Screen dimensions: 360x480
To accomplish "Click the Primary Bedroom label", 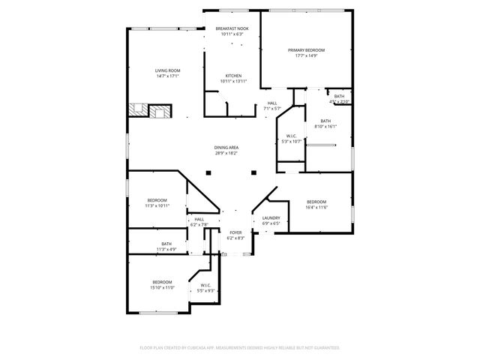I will coord(306,49).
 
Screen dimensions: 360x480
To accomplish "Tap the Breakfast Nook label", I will coord(232,28).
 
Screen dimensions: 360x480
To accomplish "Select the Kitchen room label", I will coord(233,76).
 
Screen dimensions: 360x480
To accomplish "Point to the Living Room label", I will coord(168,70).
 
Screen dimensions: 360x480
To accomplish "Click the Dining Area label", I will coord(226,148).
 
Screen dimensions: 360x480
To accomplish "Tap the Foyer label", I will coord(235,233).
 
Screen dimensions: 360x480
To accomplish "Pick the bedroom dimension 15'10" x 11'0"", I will coord(163,287).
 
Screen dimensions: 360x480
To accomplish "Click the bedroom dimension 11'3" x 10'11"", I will coord(157,205).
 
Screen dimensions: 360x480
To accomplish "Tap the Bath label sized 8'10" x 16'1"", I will coord(325,121).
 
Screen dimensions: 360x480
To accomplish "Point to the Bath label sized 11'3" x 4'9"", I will coord(166,243).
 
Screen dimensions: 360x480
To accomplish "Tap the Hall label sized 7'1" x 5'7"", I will coord(271,103).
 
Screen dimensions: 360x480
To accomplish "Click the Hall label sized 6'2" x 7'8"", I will coord(199,219).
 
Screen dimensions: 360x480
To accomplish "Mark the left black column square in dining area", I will coord(209,173).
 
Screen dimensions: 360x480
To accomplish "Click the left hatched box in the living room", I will coord(137,111).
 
